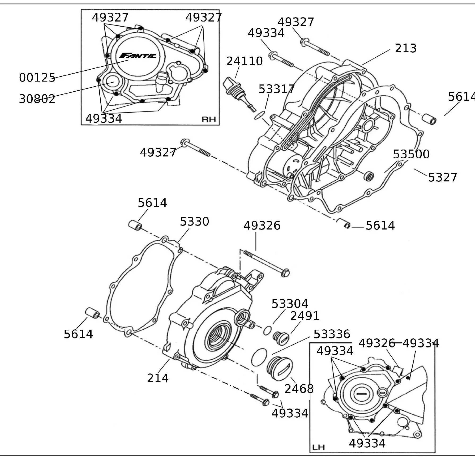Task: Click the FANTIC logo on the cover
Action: coord(138,56)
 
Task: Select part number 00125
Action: coord(37,78)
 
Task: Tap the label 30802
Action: coord(37,99)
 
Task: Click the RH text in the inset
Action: coord(209,119)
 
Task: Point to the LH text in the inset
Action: coord(318,447)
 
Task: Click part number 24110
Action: coord(245,61)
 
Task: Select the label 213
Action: coord(406,48)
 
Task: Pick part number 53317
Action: coord(276,89)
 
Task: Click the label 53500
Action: coord(411,154)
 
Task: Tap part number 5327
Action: coord(443,177)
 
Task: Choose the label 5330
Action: coord(195,222)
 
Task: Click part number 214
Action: coord(158,378)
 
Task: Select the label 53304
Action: coord(290,304)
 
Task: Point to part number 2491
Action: coord(305,316)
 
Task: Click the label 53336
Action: coord(332,334)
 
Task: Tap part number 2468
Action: coord(299,389)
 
